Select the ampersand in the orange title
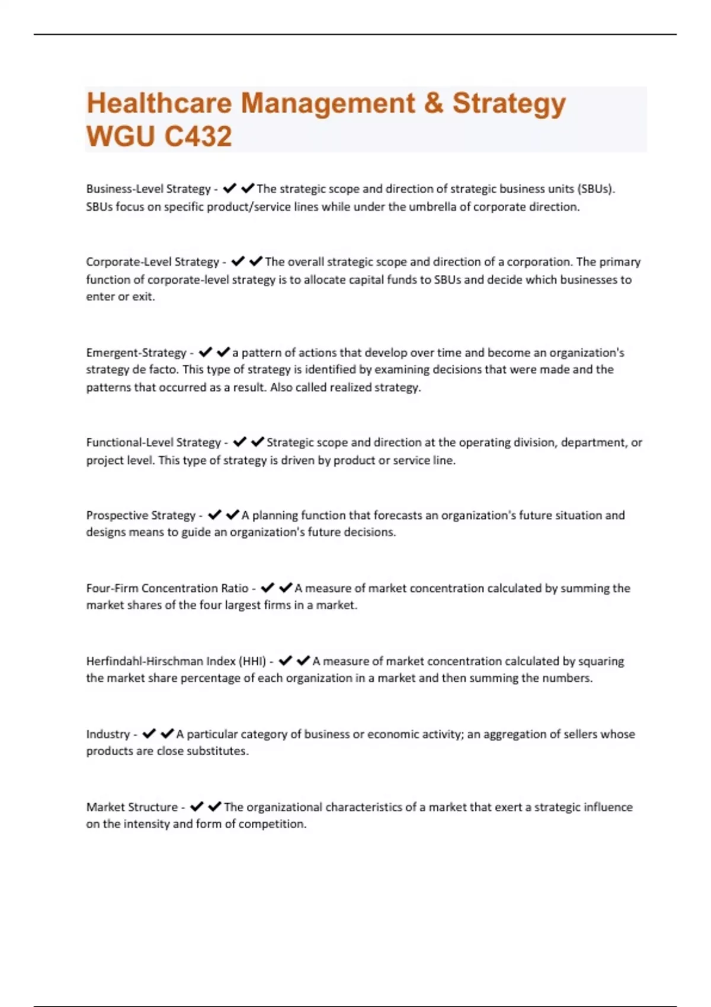pos(434,103)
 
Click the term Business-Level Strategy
pos(148,189)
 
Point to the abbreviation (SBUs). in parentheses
pos(595,189)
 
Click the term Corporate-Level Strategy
pos(152,262)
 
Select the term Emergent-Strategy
pos(136,353)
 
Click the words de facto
pos(154,370)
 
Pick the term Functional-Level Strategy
pos(153,442)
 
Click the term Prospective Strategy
pos(140,515)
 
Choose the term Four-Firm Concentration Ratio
pos(167,588)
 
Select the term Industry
pos(108,734)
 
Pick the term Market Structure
pos(132,807)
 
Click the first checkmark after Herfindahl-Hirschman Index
pos(285,660)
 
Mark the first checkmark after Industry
pos(149,733)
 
